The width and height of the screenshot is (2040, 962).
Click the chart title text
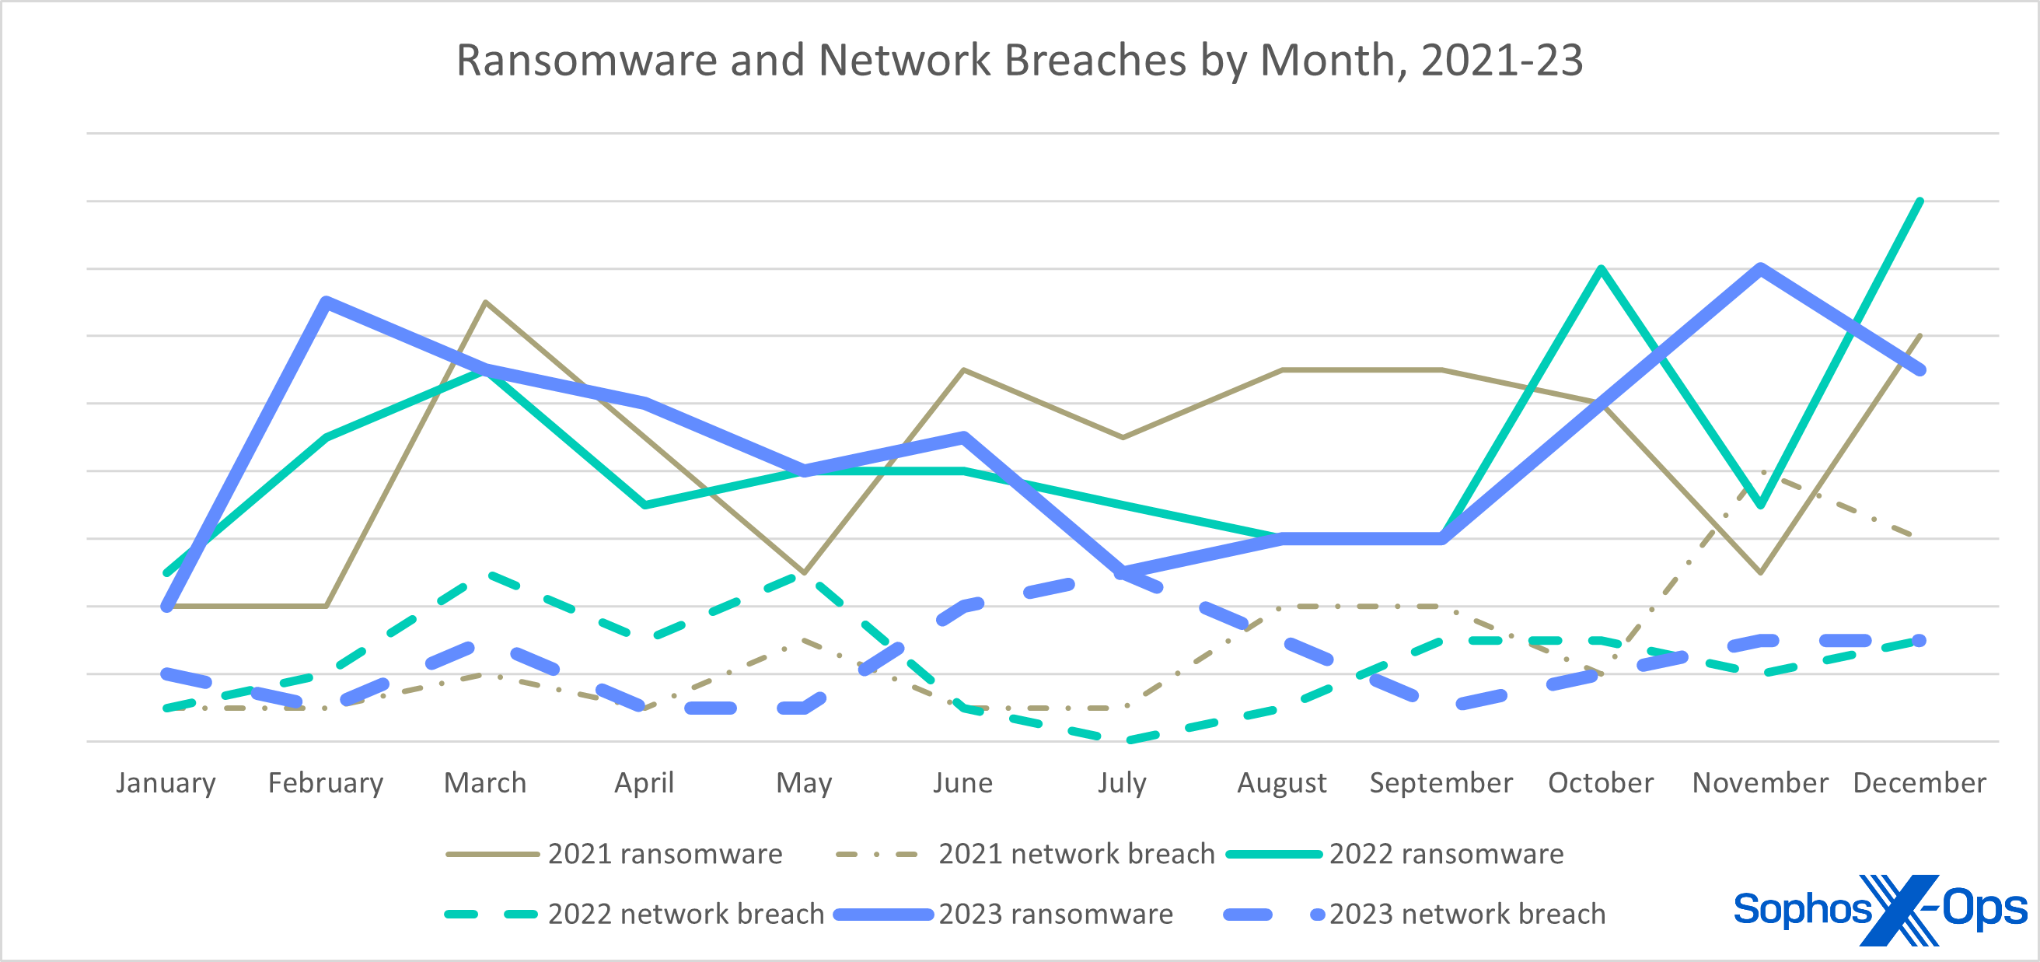click(x=1019, y=60)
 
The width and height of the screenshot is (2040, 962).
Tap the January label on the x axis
click(x=166, y=783)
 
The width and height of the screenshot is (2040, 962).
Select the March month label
click(x=484, y=783)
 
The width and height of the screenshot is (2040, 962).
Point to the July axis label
click(x=1121, y=783)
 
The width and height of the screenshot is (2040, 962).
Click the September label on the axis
click(x=1441, y=783)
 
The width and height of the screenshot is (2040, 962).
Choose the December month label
click(x=1919, y=783)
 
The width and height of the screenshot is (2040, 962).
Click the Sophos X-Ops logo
click(x=1879, y=910)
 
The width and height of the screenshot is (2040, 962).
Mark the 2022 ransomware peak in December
click(x=1919, y=201)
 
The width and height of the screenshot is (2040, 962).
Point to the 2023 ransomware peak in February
click(x=327, y=302)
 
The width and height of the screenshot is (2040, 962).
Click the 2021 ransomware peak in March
click(x=485, y=303)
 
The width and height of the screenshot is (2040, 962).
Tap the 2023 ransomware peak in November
click(x=1759, y=268)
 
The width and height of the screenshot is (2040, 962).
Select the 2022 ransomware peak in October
click(x=1601, y=269)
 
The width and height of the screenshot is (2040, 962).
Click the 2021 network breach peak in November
click(x=1759, y=472)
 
